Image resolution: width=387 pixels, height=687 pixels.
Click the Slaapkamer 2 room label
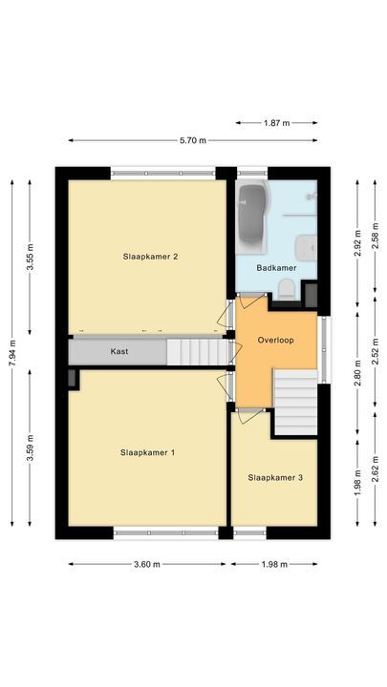[x=151, y=256]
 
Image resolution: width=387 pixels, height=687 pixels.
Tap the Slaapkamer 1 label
[x=147, y=452]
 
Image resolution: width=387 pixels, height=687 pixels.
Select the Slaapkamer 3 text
[x=275, y=477]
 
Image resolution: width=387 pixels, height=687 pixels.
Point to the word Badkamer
[x=276, y=269]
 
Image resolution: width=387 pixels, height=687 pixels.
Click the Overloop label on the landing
[x=276, y=340]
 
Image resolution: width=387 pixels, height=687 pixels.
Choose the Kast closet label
[x=119, y=351]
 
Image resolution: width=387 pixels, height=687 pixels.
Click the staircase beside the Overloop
[x=295, y=402]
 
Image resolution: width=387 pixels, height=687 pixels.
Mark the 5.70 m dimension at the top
[x=194, y=141]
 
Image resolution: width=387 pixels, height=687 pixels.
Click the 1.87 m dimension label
[x=277, y=123]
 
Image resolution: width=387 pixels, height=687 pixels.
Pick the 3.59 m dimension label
[x=31, y=448]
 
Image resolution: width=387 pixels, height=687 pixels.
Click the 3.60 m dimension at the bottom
[x=147, y=564]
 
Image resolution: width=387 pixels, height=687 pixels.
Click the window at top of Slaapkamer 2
[x=161, y=173]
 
